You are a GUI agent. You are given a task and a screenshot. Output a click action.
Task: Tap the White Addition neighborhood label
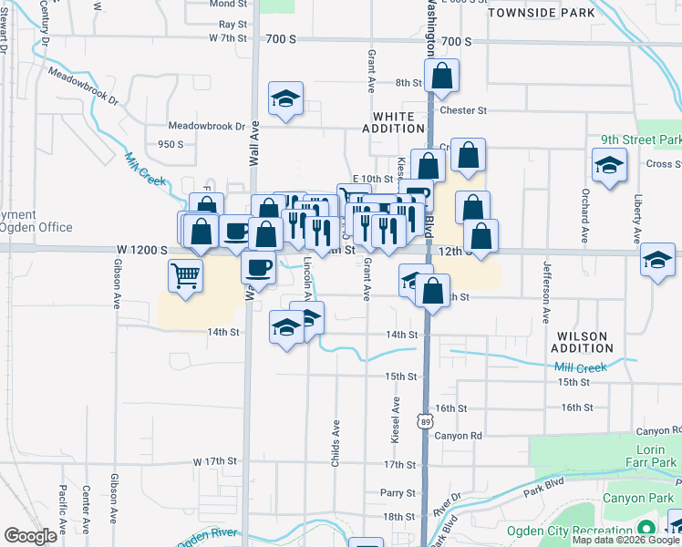point(400,123)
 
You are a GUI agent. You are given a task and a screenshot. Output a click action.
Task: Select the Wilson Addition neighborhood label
point(583,342)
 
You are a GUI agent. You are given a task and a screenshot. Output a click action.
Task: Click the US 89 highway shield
point(426,420)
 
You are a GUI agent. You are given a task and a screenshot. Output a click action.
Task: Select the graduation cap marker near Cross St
point(609,166)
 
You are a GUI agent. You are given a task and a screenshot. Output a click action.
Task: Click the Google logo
point(30,536)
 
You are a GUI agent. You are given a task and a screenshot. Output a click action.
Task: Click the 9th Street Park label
point(640,140)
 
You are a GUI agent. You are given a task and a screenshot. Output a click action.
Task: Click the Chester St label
point(463,110)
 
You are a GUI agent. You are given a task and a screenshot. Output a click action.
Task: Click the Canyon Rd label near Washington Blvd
point(457,435)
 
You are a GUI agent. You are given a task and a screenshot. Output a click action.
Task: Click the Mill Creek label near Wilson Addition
point(580,368)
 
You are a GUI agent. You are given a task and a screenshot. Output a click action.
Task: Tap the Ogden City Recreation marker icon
point(646,529)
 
